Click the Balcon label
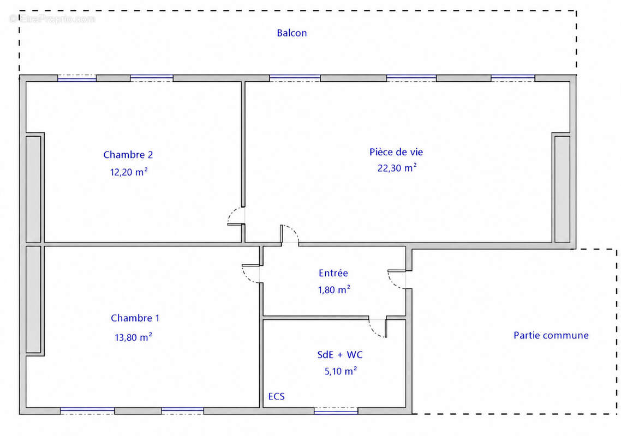(x=291, y=33)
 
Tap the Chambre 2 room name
(x=128, y=155)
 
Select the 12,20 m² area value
(x=129, y=172)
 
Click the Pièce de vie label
(x=396, y=152)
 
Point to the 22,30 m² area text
(x=397, y=168)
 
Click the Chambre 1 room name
(x=135, y=318)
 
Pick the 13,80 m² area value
(x=134, y=337)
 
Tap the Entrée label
(x=333, y=273)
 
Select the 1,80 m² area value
(x=334, y=289)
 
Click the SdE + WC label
(x=340, y=355)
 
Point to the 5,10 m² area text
(x=341, y=371)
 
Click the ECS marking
(x=277, y=396)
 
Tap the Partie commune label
(x=551, y=336)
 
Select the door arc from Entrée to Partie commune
(x=392, y=282)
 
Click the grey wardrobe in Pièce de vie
(x=562, y=189)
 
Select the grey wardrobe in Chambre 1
(x=33, y=300)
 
